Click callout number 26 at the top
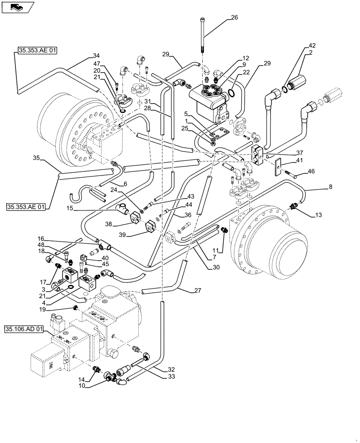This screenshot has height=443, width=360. point(235,18)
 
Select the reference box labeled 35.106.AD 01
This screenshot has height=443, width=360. point(24,329)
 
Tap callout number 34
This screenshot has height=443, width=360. point(96,56)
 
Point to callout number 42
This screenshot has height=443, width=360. point(312,45)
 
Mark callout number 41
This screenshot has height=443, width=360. point(300,161)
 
